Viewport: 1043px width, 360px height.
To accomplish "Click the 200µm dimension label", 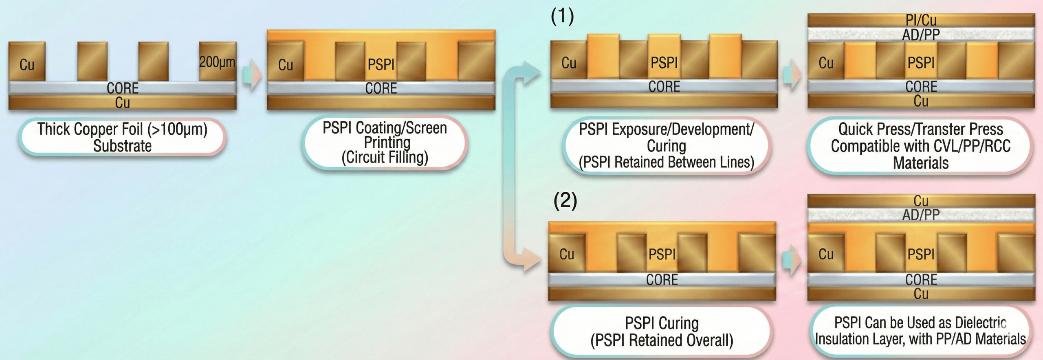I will click(217, 62).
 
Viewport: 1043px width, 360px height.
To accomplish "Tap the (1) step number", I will click(562, 16).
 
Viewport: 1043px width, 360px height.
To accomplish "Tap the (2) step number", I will click(565, 200).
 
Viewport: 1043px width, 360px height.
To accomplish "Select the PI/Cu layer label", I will click(921, 20).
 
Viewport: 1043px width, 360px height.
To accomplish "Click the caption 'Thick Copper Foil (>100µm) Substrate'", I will click(122, 137).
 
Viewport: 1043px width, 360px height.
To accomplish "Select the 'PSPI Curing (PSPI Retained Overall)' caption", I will click(662, 331).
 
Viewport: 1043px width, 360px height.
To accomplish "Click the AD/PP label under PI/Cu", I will click(921, 35).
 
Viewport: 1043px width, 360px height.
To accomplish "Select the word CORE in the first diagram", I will click(122, 88).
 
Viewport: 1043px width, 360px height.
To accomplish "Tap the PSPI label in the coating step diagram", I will click(381, 64).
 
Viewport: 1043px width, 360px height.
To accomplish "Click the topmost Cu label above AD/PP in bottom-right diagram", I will click(921, 201).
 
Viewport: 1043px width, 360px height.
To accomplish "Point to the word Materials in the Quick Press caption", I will click(921, 163).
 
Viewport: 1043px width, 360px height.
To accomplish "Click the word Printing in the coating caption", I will click(387, 143).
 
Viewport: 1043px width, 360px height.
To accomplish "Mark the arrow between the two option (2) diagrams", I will click(791, 260).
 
